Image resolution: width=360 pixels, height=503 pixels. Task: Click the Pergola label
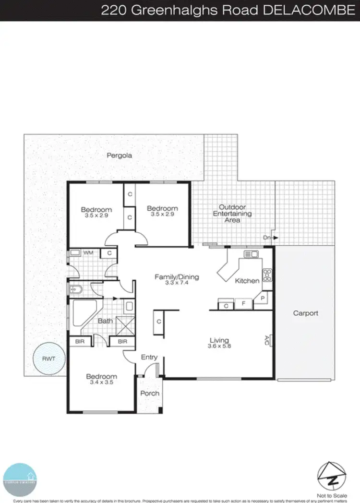(120, 156)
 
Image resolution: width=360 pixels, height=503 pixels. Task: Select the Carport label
(306, 313)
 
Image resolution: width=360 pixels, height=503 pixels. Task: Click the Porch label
(150, 393)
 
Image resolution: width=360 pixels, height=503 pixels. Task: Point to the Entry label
(149, 357)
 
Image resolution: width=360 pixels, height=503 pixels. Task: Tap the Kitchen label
(247, 281)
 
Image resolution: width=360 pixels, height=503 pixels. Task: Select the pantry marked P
(263, 299)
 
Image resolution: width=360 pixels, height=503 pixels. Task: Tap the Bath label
(105, 320)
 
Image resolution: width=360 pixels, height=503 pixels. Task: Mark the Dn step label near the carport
(267, 237)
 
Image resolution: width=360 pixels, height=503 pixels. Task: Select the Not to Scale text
(331, 494)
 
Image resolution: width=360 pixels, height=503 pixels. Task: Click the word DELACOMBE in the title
(314, 11)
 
